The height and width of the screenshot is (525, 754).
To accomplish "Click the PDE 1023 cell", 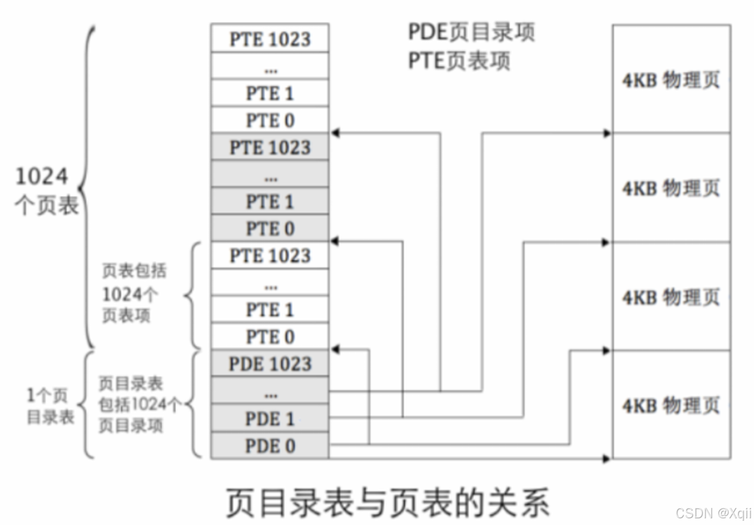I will point(270,364).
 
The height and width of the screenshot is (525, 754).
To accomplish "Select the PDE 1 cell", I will point(270,419).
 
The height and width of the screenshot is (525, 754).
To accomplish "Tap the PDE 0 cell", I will point(270,446).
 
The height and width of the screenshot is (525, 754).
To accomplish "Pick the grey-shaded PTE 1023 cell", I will point(270,147).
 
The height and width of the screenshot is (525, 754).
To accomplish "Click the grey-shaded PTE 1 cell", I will point(270,201).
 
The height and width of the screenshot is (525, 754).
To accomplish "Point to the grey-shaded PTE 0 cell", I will point(270,229).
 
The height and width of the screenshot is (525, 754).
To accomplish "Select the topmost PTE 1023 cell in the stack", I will point(270,39).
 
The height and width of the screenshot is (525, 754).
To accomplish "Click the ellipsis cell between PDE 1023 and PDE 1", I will point(270,392).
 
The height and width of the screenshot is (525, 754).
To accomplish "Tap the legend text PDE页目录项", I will point(471,32).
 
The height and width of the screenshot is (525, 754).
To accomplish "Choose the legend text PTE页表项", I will point(459,61).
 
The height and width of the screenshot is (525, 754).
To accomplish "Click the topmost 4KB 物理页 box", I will point(671,79).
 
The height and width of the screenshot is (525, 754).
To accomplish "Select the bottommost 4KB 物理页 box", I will point(671,405).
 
